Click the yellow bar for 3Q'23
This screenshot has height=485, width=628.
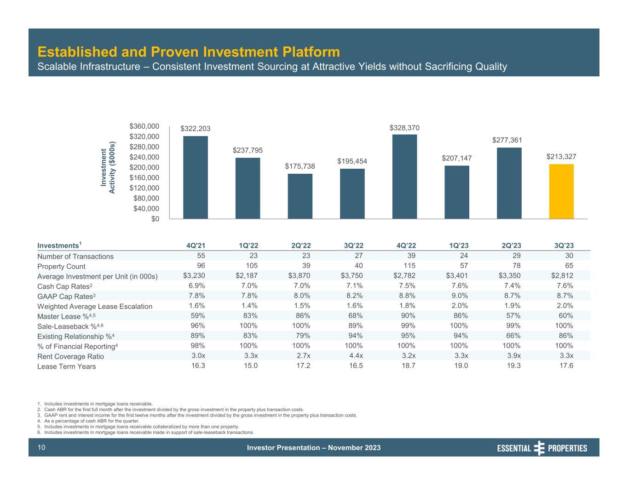(561, 191)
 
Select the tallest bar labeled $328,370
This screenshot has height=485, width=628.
(404, 177)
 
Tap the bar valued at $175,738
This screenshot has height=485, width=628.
(300, 196)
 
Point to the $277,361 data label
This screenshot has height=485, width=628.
(507, 140)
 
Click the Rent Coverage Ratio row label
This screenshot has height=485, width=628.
(70, 356)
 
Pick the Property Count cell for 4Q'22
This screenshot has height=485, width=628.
(409, 266)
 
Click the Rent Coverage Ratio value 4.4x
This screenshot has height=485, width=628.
(356, 356)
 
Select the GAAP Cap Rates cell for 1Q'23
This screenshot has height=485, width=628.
(461, 296)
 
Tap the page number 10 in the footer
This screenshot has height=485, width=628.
(41, 448)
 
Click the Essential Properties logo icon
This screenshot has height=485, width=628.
(539, 448)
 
